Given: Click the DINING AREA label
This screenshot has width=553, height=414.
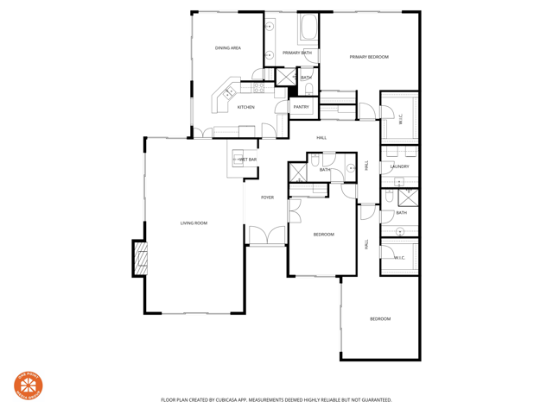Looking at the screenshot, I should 228,48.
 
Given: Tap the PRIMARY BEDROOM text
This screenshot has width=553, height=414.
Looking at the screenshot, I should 369,57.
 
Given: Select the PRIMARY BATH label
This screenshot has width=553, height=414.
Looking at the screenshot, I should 296,53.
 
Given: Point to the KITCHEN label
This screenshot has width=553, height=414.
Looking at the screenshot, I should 246,107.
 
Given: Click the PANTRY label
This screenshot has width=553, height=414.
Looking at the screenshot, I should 301,107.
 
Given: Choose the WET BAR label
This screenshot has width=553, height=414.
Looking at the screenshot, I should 248,160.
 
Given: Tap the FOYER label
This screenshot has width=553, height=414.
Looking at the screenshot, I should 268,198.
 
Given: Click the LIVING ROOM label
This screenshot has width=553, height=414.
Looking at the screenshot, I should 194,223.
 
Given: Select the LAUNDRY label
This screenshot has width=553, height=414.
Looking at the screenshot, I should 399,166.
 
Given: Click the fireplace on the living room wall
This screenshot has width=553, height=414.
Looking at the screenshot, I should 140,259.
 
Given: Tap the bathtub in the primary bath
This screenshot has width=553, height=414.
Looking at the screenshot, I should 308,31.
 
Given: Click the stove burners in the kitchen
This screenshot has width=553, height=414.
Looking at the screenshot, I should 257,87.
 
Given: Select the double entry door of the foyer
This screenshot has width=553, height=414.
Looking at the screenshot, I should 267,235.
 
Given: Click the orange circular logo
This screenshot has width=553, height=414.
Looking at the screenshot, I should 29,386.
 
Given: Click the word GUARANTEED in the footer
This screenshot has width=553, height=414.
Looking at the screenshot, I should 372,400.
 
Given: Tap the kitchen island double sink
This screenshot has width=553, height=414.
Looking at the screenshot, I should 229,92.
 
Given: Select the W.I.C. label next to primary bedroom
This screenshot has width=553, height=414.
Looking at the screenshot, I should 400,119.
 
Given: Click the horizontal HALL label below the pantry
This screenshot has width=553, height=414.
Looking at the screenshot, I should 321,138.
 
